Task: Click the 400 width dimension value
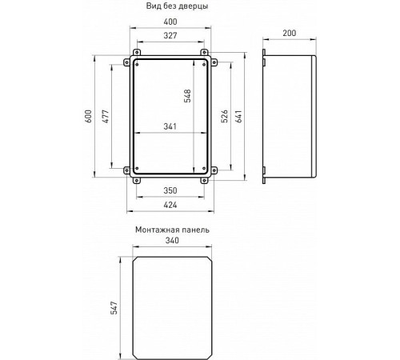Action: point(170,22)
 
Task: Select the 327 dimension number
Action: point(170,35)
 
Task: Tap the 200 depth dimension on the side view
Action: point(290,33)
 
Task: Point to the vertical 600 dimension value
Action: point(89,116)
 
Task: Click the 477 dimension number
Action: point(106,116)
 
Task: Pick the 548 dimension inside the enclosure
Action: point(187,96)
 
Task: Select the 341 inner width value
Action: point(170,126)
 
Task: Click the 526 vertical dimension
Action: point(225,116)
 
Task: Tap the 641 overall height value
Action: point(238,116)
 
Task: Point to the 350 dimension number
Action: point(170,190)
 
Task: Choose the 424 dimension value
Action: point(170,205)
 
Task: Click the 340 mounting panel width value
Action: point(172,241)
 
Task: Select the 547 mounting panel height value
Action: point(114,308)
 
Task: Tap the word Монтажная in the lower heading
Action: point(154,230)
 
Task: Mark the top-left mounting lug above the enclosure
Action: point(137,52)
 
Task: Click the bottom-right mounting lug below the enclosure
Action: point(204,181)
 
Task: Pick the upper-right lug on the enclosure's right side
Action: point(214,62)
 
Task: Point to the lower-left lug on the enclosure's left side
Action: point(126,170)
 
